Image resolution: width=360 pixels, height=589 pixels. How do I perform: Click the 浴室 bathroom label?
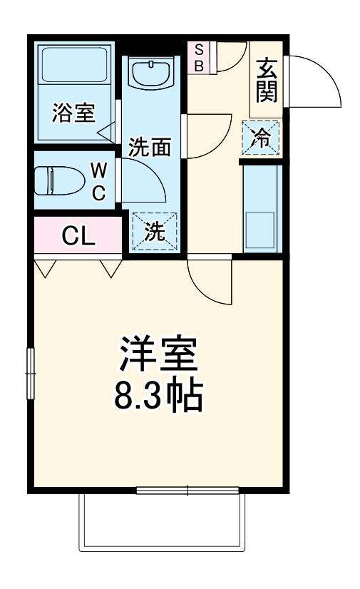click(73, 113)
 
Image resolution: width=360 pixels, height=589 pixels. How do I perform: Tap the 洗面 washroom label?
click(149, 147)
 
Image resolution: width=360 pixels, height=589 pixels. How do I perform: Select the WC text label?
click(99, 181)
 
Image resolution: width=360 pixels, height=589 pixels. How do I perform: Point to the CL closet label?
click(78, 236)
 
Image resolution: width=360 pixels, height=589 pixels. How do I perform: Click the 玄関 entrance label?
click(267, 80)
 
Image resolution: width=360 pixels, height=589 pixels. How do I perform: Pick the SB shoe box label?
click(199, 57)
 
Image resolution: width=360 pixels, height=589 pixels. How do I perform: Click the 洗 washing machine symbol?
click(154, 231)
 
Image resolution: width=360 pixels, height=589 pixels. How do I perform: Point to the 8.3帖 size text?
click(158, 396)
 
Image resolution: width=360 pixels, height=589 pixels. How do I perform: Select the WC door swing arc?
click(146, 182)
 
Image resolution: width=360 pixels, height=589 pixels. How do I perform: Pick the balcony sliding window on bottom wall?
click(188, 491)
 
